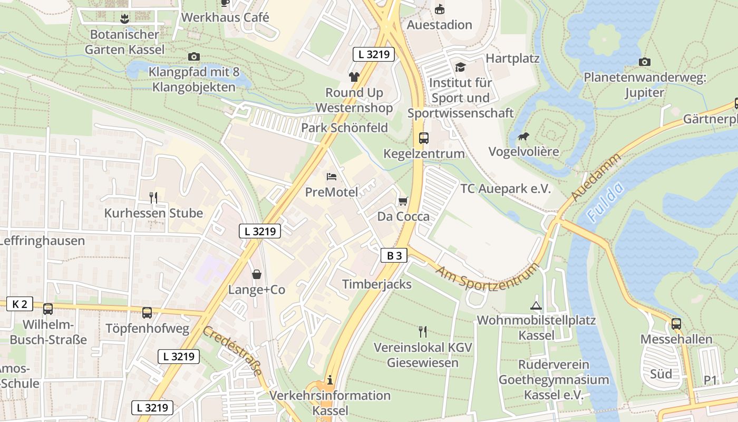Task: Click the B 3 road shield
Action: (x=394, y=256)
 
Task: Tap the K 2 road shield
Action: (x=20, y=304)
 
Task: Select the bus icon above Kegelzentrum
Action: (x=424, y=138)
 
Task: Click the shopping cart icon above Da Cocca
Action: (x=403, y=201)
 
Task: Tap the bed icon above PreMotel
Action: (x=332, y=176)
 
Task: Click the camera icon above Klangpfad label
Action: (x=193, y=56)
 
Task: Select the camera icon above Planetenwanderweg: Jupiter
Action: (x=644, y=62)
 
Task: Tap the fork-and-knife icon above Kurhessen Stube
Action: (x=153, y=198)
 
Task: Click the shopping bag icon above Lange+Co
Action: (x=257, y=274)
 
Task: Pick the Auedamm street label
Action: (x=596, y=177)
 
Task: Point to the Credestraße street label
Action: (x=232, y=351)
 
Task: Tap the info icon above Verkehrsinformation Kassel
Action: (x=330, y=380)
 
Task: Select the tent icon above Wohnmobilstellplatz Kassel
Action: (x=536, y=305)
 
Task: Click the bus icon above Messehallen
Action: (x=676, y=324)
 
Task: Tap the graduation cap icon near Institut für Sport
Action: (x=460, y=67)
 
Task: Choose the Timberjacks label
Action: (x=376, y=284)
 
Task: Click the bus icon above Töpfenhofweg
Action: (x=147, y=313)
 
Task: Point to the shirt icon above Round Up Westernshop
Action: (x=354, y=77)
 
